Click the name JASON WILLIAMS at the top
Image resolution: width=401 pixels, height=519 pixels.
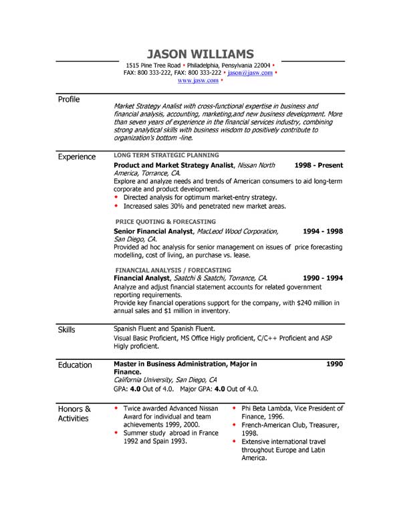coord(200,54)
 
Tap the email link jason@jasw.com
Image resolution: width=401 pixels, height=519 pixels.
coord(250,72)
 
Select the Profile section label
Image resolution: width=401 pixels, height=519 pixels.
coord(69,99)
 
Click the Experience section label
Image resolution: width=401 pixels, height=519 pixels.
coord(77,157)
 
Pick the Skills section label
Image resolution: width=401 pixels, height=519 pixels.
coord(67,330)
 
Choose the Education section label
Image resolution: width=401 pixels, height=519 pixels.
coord(75,365)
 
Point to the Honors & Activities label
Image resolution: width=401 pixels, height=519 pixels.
coord(74,413)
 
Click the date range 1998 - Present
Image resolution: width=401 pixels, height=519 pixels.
coord(319,165)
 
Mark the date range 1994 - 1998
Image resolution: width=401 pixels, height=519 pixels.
coord(322,231)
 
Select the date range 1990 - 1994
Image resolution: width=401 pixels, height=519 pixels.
coord(322,278)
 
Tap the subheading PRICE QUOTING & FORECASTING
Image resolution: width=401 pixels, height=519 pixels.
coord(166,221)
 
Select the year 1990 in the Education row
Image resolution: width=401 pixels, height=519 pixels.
coord(334,365)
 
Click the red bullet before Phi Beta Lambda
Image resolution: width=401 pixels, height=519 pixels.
coord(234,407)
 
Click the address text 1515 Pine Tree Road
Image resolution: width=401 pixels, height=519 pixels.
coord(153,65)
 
